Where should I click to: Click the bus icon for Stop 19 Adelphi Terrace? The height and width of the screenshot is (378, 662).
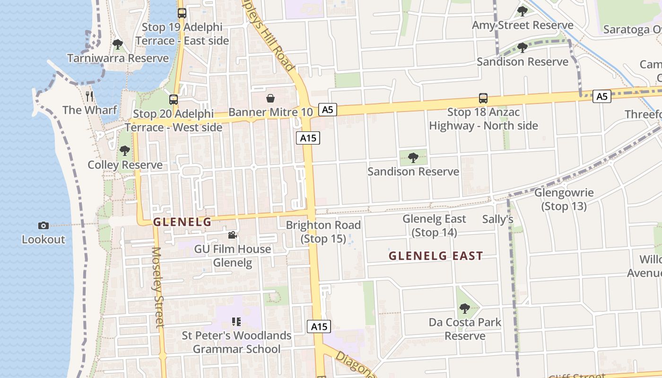tap(182, 13)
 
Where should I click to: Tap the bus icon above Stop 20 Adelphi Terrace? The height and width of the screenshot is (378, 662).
tap(174, 99)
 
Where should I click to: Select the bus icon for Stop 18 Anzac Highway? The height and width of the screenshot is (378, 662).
tap(483, 98)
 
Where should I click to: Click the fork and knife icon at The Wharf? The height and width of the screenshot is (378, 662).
tap(89, 96)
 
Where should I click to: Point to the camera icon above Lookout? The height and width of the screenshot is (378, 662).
tap(43, 226)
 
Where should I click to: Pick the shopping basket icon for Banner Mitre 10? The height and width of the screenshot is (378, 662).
tap(270, 98)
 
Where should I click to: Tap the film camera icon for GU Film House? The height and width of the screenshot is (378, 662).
tap(232, 235)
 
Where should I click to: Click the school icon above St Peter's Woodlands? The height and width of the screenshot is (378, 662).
tap(236, 322)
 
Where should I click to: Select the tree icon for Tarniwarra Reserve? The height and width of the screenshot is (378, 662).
tap(117, 44)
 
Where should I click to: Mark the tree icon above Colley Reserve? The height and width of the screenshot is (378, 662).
tap(125, 151)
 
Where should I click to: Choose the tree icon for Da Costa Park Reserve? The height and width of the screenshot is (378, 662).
tap(465, 309)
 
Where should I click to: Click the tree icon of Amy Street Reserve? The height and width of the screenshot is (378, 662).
tap(522, 11)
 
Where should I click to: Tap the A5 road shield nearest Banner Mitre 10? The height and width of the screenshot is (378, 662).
tap(327, 110)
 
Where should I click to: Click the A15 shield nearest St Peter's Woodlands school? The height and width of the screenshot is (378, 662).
tap(319, 326)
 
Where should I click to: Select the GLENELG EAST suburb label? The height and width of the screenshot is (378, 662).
tap(436, 256)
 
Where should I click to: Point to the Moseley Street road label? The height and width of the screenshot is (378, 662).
tap(157, 287)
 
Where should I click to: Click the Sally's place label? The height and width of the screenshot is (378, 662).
tap(497, 219)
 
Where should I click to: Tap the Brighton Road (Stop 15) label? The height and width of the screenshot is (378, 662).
tap(323, 232)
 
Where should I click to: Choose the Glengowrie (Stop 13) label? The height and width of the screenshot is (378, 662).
tap(564, 199)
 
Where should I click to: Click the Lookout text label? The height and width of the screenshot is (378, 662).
tap(44, 240)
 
